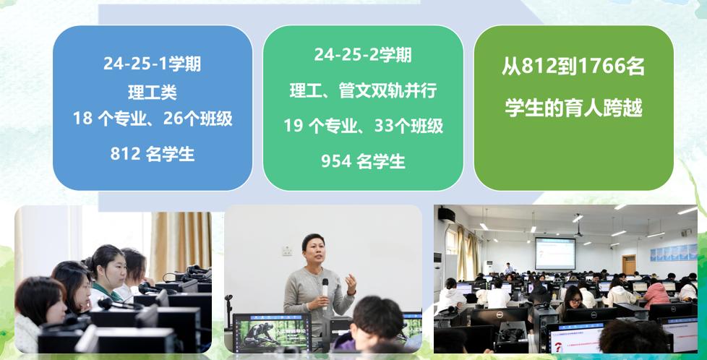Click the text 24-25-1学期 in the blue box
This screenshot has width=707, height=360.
[x=152, y=64]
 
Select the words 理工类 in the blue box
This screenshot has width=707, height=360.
[x=153, y=93]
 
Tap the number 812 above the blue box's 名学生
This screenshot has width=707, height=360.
[x=125, y=154]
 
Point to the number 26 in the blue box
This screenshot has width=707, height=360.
[x=173, y=119]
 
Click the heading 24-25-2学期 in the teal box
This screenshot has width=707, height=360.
[x=362, y=55]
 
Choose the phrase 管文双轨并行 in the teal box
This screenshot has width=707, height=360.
[x=387, y=90]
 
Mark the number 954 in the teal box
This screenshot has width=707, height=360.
[x=336, y=161]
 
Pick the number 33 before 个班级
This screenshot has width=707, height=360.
[x=384, y=126]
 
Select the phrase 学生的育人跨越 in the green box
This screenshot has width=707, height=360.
[x=573, y=108]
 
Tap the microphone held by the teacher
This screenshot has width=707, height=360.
[x=325, y=293]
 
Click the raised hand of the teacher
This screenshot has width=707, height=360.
[x=351, y=284]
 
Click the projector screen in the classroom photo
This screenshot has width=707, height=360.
[x=555, y=254]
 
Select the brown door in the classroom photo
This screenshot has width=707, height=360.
[x=629, y=265]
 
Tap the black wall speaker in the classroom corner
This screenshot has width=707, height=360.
[x=446, y=215]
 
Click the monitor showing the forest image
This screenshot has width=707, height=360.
[x=272, y=333]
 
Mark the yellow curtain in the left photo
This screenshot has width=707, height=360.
[x=180, y=241]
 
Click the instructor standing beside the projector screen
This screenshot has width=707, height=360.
[x=509, y=268]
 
